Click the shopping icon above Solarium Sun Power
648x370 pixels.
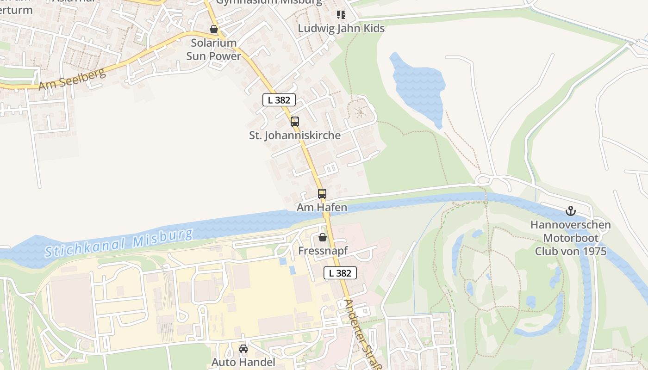pos(214,30)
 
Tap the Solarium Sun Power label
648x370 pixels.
pos(213,49)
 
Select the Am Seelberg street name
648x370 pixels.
pos(72,80)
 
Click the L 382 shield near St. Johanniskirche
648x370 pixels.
pos(279,99)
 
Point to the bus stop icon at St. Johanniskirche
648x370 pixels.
pos(294,122)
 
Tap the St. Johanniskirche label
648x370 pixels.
pos(295,136)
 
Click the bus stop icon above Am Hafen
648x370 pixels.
pos(322,194)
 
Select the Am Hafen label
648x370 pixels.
pos(322,208)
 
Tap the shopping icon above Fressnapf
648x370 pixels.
pos(322,238)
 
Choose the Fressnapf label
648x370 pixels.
pos(323,251)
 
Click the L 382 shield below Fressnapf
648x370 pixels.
pos(340,273)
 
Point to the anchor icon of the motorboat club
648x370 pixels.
pos(571,211)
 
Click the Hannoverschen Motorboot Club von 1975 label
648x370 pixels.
pos(570,238)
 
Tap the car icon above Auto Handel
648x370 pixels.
pos(243,349)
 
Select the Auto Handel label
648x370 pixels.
pos(243,362)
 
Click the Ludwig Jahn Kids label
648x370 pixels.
pos(341,28)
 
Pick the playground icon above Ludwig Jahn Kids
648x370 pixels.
pos(341,15)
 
